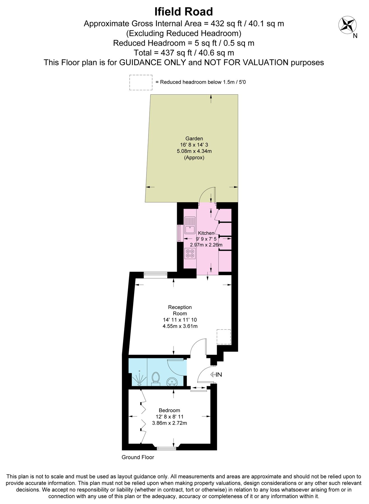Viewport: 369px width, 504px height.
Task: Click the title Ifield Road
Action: (184, 12)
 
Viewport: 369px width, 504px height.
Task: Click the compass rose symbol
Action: (347, 24)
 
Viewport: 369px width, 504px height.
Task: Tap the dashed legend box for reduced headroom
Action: (141, 82)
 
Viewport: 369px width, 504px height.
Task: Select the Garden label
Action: (194, 138)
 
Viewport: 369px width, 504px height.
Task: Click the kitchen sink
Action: (190, 225)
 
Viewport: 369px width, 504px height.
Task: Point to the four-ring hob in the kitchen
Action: (190, 253)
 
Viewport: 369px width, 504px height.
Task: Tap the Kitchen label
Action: (206, 233)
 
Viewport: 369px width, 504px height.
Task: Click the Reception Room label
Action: (180, 310)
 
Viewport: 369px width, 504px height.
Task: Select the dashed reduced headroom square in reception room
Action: (224, 337)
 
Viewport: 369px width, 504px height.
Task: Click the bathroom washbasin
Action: (171, 381)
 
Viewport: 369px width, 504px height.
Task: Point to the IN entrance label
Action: (218, 374)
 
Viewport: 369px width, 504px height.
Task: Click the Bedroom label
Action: (169, 410)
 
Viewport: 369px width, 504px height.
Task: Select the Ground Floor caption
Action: (138, 457)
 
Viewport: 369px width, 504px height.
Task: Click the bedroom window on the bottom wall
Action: (167, 448)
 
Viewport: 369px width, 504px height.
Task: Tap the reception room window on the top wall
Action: (156, 275)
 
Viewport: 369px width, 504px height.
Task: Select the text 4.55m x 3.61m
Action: (180, 326)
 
